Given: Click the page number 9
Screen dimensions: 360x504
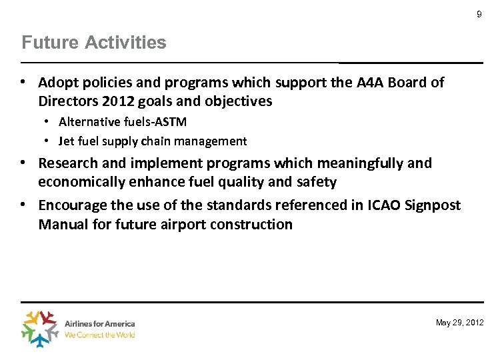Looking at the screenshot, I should [479, 14].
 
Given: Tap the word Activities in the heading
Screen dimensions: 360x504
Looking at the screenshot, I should [126, 43].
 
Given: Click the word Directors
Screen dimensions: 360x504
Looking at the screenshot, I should [69, 101].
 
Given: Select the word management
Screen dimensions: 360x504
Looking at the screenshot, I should [213, 141].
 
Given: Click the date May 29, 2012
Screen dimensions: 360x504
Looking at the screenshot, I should [460, 323].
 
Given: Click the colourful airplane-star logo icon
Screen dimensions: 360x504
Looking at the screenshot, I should [41, 329].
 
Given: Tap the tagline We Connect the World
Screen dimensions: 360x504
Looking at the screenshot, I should [100, 335].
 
